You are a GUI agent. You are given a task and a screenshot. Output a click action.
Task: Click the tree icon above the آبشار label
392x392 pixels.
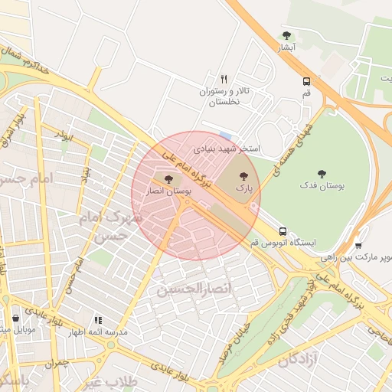[286, 35]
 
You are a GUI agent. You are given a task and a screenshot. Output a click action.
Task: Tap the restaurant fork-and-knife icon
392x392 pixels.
[224, 78]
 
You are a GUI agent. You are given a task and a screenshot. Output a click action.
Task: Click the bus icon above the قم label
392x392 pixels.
[306, 80]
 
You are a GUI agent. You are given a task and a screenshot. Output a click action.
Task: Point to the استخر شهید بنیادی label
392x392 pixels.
[227, 147]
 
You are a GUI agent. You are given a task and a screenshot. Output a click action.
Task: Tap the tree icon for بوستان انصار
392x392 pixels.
[168, 179]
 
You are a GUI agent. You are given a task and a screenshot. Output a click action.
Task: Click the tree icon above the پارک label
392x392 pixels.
[243, 174]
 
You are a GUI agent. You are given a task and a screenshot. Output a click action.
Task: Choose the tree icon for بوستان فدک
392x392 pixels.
[322, 174]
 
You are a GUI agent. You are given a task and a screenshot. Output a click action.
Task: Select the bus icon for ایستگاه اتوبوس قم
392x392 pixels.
[283, 230]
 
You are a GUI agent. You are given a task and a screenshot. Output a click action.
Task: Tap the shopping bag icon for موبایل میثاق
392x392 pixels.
[16, 318]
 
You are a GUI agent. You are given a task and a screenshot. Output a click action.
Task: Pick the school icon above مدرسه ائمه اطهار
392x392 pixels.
[98, 320]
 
